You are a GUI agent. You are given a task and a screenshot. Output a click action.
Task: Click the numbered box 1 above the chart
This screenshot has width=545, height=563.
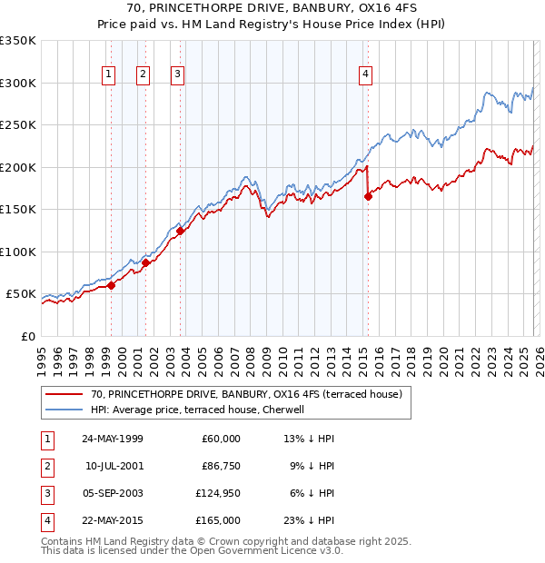click(x=109, y=74)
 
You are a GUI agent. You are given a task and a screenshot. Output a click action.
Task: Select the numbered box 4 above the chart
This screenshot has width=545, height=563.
click(x=365, y=74)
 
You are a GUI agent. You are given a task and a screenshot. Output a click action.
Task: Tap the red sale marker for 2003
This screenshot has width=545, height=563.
click(x=180, y=231)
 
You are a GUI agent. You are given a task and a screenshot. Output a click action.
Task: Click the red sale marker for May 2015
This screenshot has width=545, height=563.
click(x=368, y=196)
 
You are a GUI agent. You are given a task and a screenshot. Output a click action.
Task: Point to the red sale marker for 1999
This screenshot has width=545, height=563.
click(x=111, y=285)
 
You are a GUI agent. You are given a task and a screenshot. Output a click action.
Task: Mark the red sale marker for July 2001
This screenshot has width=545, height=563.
click(x=145, y=262)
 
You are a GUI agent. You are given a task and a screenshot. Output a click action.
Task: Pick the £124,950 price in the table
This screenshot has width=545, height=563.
click(x=218, y=494)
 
